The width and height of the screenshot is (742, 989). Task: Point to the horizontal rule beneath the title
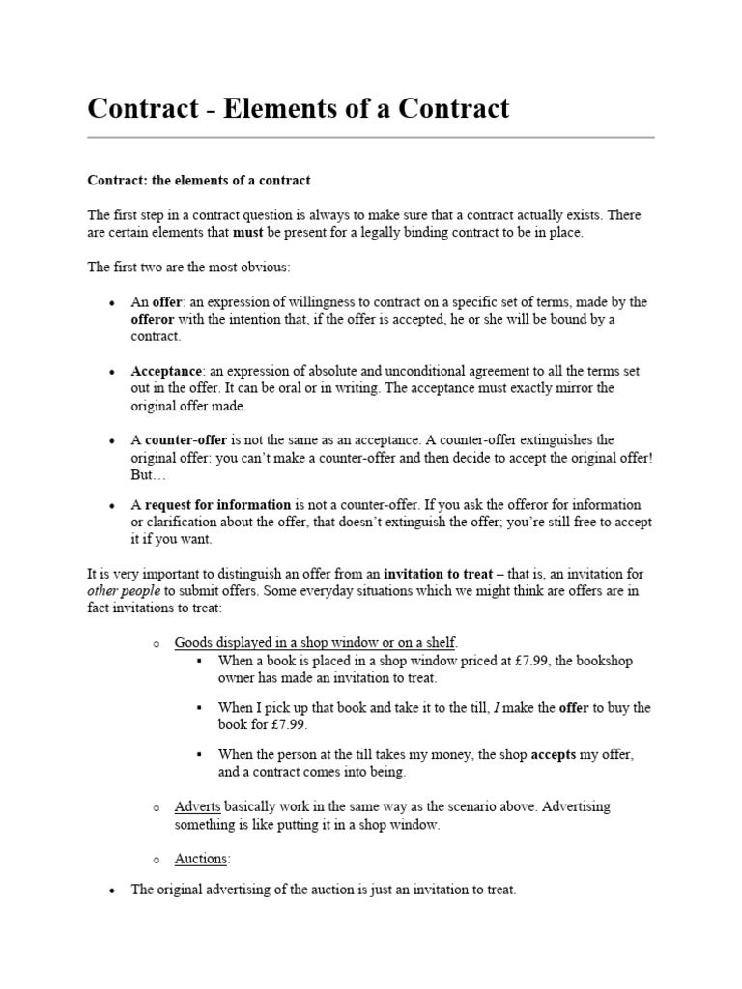pos(371,138)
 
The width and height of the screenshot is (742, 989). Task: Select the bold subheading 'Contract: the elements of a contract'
pos(199,181)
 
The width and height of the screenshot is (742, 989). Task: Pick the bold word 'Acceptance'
pos(167,371)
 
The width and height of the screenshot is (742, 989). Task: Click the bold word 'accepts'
pos(552,754)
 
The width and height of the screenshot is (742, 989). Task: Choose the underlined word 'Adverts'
pos(198,806)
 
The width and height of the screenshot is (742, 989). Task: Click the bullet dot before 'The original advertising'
pos(113,890)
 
